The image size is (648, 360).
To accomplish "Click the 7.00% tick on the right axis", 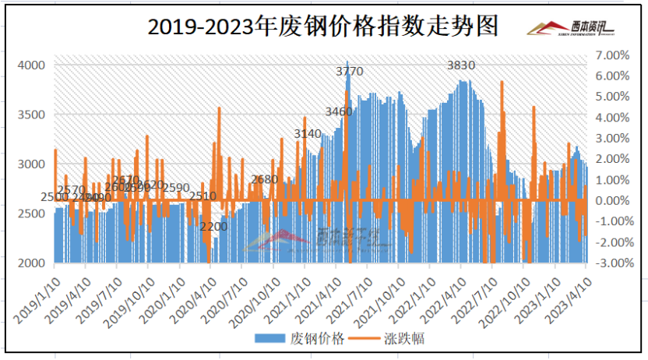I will point(611,55).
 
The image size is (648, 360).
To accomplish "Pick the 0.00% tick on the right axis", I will point(611,201).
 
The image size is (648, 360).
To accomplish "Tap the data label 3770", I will point(349,72).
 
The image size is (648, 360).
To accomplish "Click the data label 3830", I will point(461,65).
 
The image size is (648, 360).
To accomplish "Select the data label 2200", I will point(213,227).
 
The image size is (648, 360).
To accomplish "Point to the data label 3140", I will point(308,134).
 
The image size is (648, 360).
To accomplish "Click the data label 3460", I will point(338,112).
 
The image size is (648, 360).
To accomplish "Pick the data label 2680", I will point(265,179).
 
